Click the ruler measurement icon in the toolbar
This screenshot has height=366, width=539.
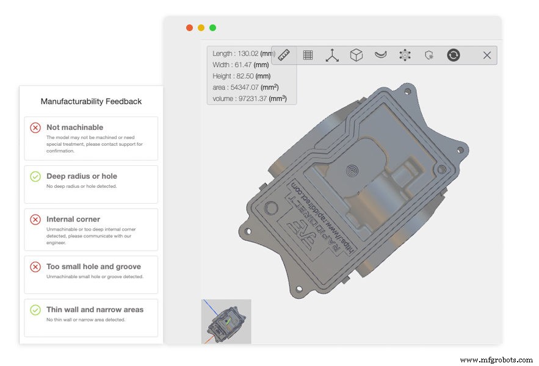(284, 55)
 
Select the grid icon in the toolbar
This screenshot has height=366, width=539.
(308, 55)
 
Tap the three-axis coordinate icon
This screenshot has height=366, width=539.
(332, 55)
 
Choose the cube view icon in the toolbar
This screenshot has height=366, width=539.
(356, 55)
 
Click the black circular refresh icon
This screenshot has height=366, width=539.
(453, 55)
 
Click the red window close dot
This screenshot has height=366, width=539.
(189, 27)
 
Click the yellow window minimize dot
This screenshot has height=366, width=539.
(201, 27)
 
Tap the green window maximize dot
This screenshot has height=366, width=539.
(212, 27)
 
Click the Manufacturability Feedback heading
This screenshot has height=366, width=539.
(91, 101)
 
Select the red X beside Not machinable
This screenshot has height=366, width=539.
(35, 127)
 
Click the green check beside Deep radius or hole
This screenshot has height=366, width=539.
(35, 176)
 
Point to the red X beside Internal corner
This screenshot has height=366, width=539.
(35, 219)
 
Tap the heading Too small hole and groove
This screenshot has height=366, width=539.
(93, 267)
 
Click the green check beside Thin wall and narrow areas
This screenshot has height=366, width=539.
(35, 309)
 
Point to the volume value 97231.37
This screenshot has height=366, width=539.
(250, 98)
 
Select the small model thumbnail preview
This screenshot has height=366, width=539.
(226, 321)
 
